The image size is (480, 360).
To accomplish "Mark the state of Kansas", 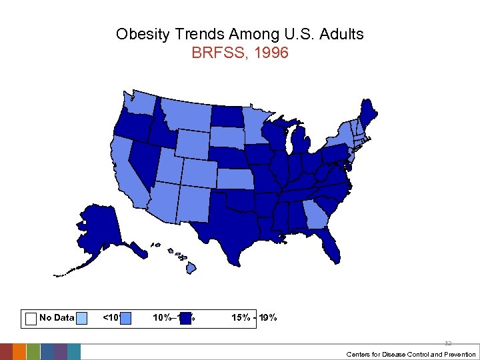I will pos(237,179).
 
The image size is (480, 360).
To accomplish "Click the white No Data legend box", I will pos(30,318).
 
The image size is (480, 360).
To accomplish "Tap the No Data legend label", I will pos(57,318).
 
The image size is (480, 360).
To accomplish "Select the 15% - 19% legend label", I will pos(254,318).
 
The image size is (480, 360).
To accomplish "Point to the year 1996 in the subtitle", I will pos(271,53).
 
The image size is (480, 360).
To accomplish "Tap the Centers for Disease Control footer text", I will pos(411,355).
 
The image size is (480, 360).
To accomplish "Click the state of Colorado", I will pos(199,173).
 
